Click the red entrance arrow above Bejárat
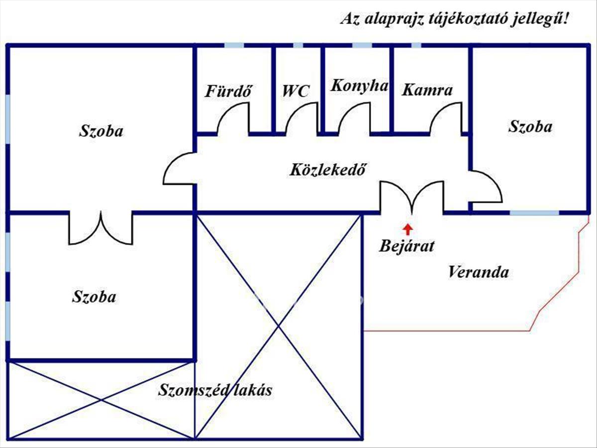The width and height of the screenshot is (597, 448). click(407, 229)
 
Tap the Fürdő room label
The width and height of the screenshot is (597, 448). click(228, 91)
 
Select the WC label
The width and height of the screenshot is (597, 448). click(296, 91)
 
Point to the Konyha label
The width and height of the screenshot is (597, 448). click(359, 87)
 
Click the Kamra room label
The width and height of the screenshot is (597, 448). click(427, 90)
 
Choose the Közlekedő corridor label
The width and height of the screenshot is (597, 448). click(327, 170)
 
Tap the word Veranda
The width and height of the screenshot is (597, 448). click(478, 272)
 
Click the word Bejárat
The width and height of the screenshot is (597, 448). click(406, 246)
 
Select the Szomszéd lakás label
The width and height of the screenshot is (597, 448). click(215, 390)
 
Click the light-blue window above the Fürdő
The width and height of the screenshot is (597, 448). click(234, 45)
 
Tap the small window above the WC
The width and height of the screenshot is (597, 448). click(298, 45)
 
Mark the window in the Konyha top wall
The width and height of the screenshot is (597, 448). click(362, 45)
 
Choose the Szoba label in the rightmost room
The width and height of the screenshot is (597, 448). click(530, 126)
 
